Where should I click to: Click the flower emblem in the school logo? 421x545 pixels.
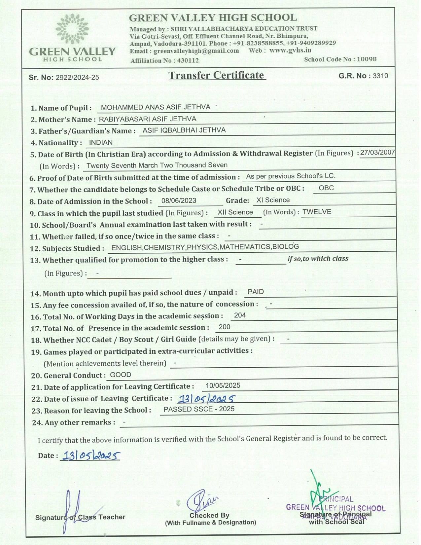72,29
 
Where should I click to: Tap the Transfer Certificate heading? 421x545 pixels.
217,75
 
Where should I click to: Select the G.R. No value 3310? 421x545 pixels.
380,76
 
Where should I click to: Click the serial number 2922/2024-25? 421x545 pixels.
77,78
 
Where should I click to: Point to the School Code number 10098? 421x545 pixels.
367,59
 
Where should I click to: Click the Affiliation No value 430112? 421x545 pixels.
188,60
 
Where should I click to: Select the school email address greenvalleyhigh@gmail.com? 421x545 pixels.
196,51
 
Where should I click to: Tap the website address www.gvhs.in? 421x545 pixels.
290,50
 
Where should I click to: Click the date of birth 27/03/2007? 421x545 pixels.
377,152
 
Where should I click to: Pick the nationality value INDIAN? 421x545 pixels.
101,143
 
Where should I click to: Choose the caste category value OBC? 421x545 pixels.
326,188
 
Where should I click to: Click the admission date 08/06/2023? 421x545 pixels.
179,200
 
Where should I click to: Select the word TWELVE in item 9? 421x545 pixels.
317,212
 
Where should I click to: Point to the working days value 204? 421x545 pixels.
240,315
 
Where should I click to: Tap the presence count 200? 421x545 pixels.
225,327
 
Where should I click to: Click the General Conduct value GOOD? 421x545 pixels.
121,375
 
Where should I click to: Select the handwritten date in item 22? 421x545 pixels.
206,399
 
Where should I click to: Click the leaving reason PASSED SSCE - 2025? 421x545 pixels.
199,409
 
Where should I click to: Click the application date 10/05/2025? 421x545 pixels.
223,385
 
